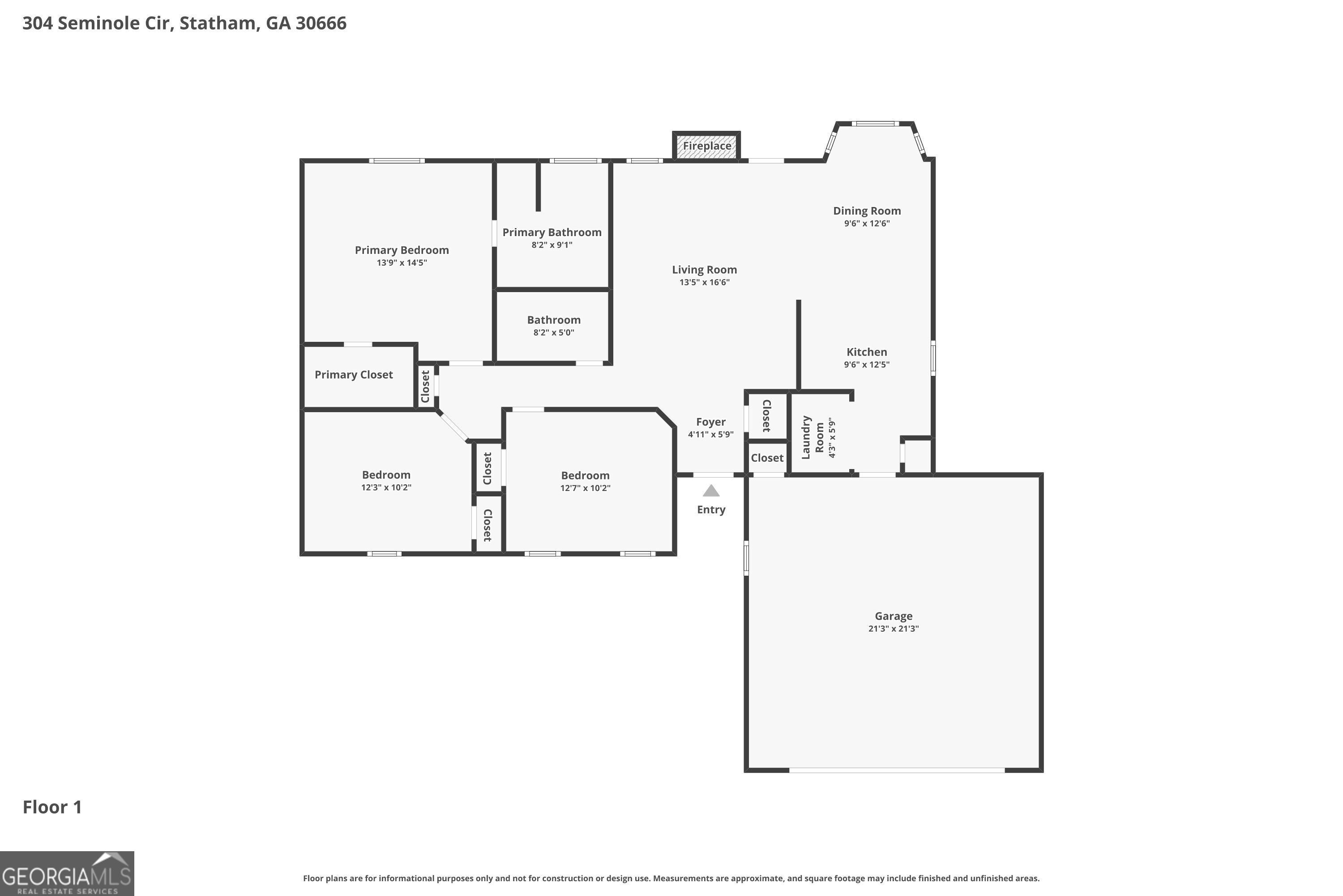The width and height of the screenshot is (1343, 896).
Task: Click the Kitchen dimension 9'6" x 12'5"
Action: [x=866, y=365]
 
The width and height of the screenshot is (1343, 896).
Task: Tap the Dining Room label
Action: [x=866, y=211]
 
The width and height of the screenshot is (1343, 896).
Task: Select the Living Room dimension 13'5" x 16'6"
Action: [x=704, y=282]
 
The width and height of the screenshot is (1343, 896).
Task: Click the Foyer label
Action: [x=710, y=422]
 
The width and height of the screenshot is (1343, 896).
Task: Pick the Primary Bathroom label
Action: [x=552, y=233]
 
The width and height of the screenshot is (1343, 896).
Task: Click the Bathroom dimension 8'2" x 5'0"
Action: [x=553, y=332]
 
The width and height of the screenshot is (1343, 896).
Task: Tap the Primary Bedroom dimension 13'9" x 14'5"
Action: [x=402, y=263]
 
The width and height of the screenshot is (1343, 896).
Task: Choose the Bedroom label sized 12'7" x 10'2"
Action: [x=585, y=475]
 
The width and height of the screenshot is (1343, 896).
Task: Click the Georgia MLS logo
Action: [x=67, y=873]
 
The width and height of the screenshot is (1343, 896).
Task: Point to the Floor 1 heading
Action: [x=52, y=807]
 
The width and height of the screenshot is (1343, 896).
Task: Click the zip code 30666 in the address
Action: [x=321, y=23]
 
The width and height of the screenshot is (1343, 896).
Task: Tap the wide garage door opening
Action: [x=897, y=770]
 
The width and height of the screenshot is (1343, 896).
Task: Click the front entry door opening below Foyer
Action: [x=713, y=475]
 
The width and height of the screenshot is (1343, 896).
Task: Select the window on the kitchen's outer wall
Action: [x=933, y=358]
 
